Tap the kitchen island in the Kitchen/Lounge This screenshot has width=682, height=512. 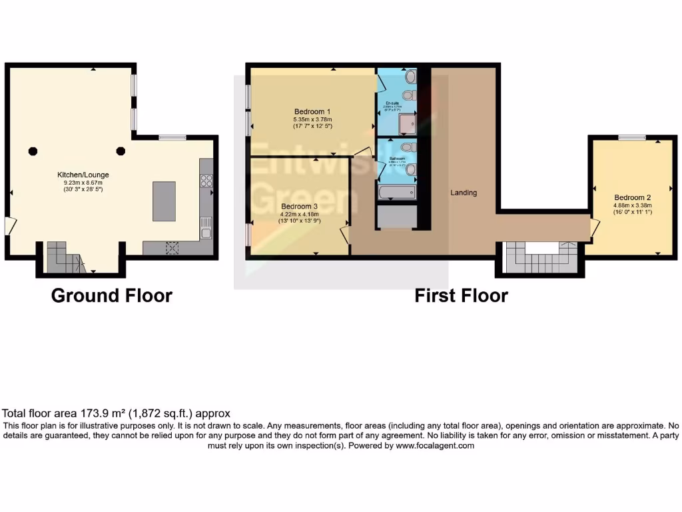(164, 201)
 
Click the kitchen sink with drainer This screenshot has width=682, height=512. (206, 227)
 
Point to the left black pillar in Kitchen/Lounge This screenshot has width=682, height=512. (33, 151)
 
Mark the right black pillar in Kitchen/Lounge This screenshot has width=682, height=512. (121, 151)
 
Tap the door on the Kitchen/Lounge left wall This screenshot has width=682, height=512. (9, 226)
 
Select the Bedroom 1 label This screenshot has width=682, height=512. (312, 111)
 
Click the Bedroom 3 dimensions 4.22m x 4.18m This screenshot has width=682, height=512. (298, 214)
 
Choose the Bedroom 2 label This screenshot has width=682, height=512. (632, 197)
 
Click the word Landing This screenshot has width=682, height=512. (464, 193)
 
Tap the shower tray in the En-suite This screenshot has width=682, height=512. (406, 123)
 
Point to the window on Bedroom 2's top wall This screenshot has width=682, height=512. (631, 137)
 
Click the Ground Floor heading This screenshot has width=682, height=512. (112, 295)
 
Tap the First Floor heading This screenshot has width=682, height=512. (461, 295)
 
